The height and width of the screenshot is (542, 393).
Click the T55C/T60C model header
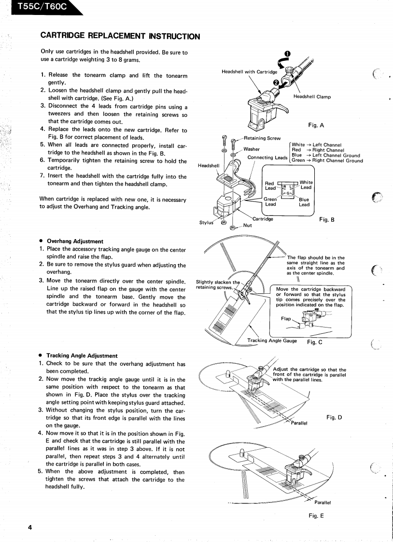pyautogui.click(x=34, y=7)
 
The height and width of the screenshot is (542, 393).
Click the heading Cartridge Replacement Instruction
pyautogui.click(x=120, y=36)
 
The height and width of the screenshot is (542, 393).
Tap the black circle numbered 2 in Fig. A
pyautogui.click(x=276, y=82)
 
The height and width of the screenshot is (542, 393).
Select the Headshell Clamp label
pyautogui.click(x=312, y=97)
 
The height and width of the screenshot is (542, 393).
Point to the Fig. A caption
pyautogui.click(x=316, y=125)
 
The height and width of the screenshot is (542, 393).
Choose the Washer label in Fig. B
pyautogui.click(x=252, y=149)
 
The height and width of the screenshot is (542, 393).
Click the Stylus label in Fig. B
pyautogui.click(x=206, y=223)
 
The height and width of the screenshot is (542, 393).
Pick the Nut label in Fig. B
pyautogui.click(x=247, y=225)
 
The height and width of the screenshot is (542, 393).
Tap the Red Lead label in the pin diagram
pyautogui.click(x=270, y=185)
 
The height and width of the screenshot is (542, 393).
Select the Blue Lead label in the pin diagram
pyautogui.click(x=304, y=202)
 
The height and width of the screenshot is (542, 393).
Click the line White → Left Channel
pyautogui.click(x=317, y=144)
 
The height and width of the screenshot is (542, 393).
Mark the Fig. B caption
pyautogui.click(x=327, y=219)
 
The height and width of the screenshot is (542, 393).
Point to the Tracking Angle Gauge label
pyautogui.click(x=272, y=341)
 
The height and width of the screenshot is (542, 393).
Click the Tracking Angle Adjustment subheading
pyautogui.click(x=82, y=356)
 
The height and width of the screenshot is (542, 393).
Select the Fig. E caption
pyautogui.click(x=316, y=515)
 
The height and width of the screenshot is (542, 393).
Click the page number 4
pyautogui.click(x=29, y=527)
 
